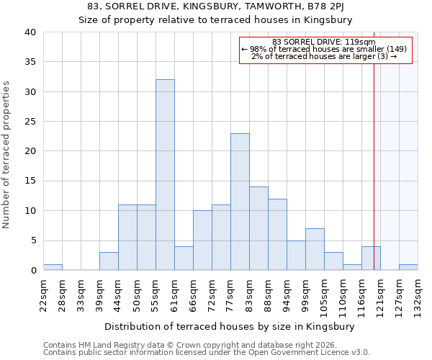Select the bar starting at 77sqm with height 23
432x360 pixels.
(240, 202)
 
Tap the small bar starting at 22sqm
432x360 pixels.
(53, 267)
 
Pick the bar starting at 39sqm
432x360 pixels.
(109, 261)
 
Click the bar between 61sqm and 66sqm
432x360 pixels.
(184, 258)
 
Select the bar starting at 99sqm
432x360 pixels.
(315, 249)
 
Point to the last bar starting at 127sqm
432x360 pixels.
(408, 267)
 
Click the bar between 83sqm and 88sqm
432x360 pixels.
(258, 228)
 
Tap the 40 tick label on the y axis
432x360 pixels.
(30, 32)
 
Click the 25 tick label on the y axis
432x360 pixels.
(30, 122)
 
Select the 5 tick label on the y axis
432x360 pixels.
(32, 240)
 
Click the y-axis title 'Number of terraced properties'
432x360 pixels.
(6, 154)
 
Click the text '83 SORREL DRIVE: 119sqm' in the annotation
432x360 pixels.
(324, 41)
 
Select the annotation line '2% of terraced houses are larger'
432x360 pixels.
(324, 56)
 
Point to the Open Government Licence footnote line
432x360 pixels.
(207, 353)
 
